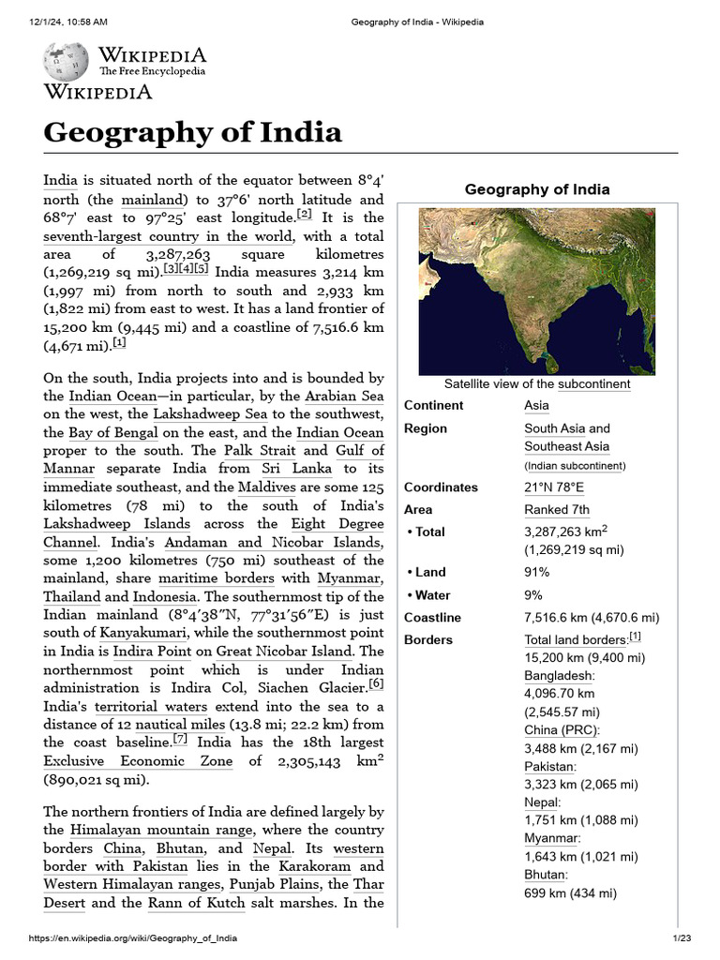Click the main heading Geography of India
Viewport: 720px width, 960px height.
click(x=192, y=132)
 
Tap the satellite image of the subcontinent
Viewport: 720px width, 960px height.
click(x=536, y=292)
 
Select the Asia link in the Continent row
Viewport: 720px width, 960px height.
click(x=536, y=405)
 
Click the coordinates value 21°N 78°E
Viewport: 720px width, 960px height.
click(x=553, y=487)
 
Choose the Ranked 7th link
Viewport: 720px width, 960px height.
click(x=557, y=510)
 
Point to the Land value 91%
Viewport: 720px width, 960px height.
click(x=537, y=572)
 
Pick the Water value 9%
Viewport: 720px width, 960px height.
click(x=533, y=594)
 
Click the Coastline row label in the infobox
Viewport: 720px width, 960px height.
click(x=432, y=618)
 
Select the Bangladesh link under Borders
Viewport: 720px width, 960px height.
click(x=559, y=675)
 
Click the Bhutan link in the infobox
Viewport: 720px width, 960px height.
click(x=545, y=875)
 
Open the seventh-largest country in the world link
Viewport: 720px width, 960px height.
click(x=169, y=237)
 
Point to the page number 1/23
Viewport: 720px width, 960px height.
click(x=681, y=938)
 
